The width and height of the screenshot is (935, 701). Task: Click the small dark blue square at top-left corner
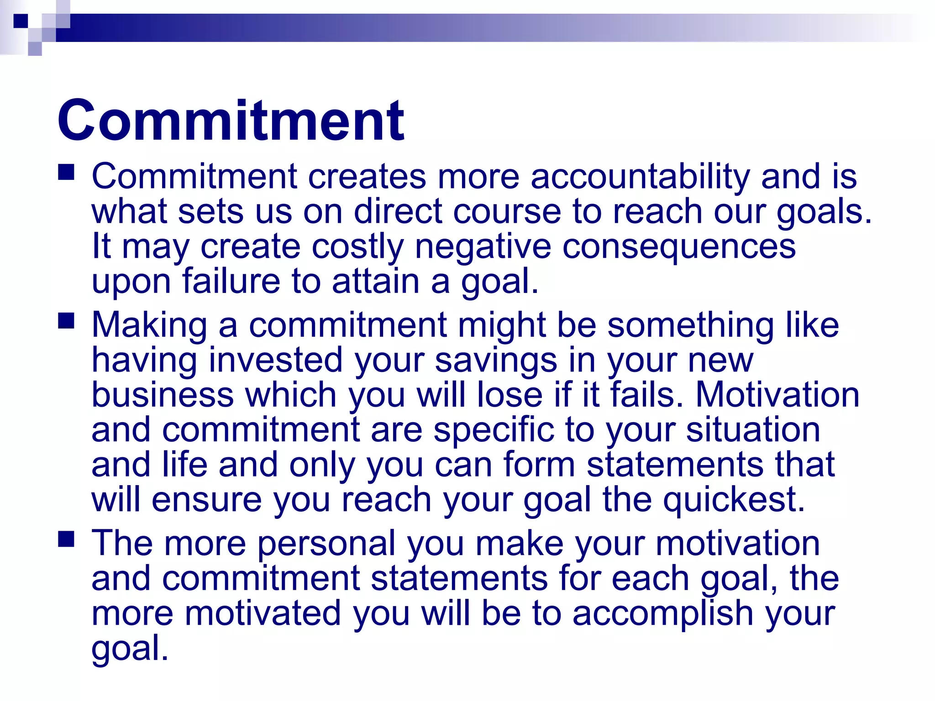click(21, 21)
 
